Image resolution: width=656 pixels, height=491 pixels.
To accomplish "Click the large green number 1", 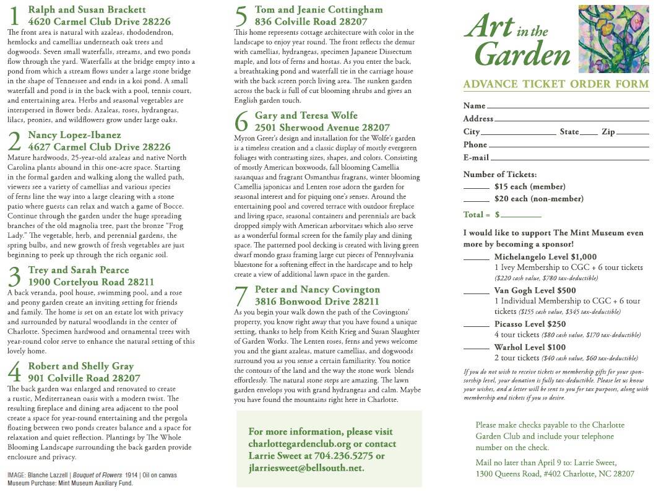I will point(15,17).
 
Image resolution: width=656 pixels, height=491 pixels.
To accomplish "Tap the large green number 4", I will point(15,372).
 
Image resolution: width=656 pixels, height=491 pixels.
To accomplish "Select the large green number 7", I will point(241,296).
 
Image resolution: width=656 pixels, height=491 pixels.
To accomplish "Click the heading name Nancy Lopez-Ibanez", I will point(74,135).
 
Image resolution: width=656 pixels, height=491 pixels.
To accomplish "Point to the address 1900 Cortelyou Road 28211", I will point(92,282).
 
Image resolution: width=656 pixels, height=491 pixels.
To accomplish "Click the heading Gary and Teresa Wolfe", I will point(306,116).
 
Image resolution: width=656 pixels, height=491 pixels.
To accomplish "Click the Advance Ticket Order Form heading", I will point(556,85).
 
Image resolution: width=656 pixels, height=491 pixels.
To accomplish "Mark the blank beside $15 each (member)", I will point(476,188).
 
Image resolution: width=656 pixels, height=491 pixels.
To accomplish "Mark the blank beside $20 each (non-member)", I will point(476,201).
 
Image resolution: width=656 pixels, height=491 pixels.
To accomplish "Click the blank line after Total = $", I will point(521,217).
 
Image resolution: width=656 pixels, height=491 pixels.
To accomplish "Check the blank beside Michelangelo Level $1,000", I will point(476,259).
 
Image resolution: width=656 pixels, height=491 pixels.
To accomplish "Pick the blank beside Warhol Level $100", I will point(476,350).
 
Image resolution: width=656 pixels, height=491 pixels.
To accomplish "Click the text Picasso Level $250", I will point(530,324).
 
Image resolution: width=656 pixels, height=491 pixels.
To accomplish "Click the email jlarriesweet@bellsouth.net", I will point(306,468).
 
